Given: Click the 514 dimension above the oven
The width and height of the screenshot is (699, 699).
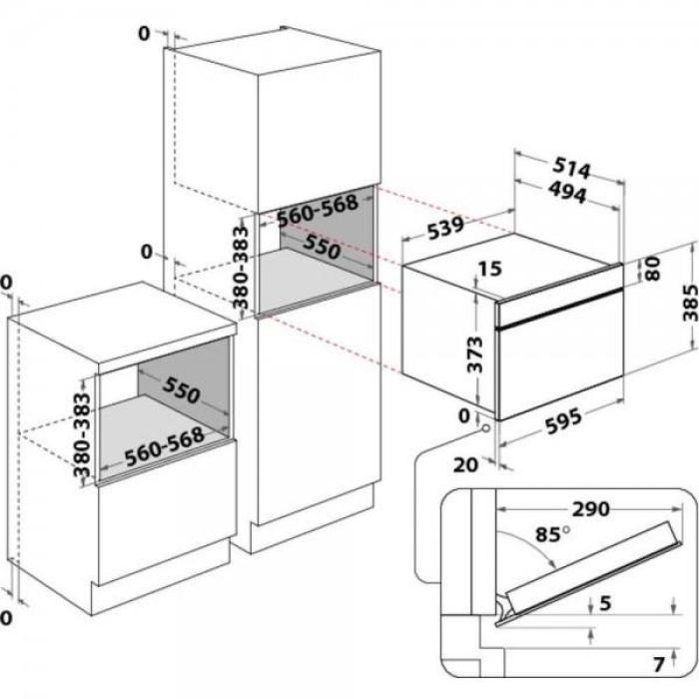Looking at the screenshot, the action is tap(571, 169).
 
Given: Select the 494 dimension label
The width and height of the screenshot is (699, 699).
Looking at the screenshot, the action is tap(567, 193).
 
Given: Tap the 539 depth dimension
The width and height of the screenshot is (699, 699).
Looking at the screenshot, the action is tap(445, 229).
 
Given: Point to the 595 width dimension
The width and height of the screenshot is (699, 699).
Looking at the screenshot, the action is tap(563, 421).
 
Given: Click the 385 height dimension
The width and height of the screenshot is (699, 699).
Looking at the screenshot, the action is tap(690, 303).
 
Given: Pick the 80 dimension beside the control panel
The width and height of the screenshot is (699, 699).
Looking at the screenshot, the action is tap(653, 269).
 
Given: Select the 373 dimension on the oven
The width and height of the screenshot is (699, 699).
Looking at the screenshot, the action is tap(475, 354).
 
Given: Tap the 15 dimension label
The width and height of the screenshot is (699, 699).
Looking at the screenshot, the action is tap(491, 269).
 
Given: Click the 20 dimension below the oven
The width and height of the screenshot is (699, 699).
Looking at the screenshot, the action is tap(466, 465).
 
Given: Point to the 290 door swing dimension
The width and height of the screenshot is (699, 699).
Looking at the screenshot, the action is tap(591, 509).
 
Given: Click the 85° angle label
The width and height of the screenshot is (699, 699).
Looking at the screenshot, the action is tap(553, 534).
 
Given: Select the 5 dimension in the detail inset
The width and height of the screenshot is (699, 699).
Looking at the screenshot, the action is tap(605, 603).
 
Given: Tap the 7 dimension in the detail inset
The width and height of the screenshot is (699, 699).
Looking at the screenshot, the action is tap(659, 665).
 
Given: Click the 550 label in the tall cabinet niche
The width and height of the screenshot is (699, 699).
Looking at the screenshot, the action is tap(322, 247).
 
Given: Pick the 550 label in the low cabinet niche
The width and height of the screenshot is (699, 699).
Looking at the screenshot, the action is tap(182, 390).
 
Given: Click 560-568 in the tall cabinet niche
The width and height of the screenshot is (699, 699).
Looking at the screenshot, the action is tap(318, 210).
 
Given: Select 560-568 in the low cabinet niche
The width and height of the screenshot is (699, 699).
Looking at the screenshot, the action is tap(165, 446).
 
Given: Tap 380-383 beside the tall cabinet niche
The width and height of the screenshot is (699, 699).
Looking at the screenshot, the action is tap(241, 268).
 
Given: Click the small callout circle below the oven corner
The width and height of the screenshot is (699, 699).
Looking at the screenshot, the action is tap(485, 428).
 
